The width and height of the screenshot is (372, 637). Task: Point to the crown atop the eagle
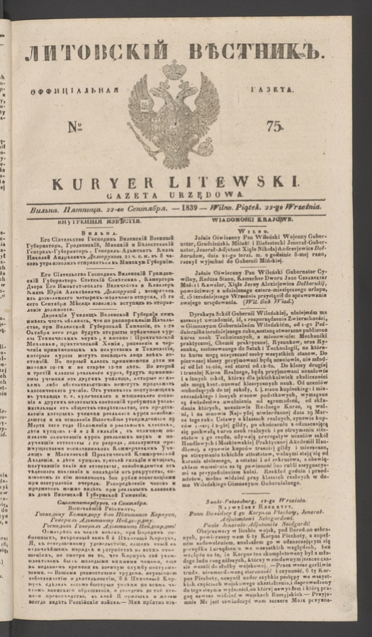173,70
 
